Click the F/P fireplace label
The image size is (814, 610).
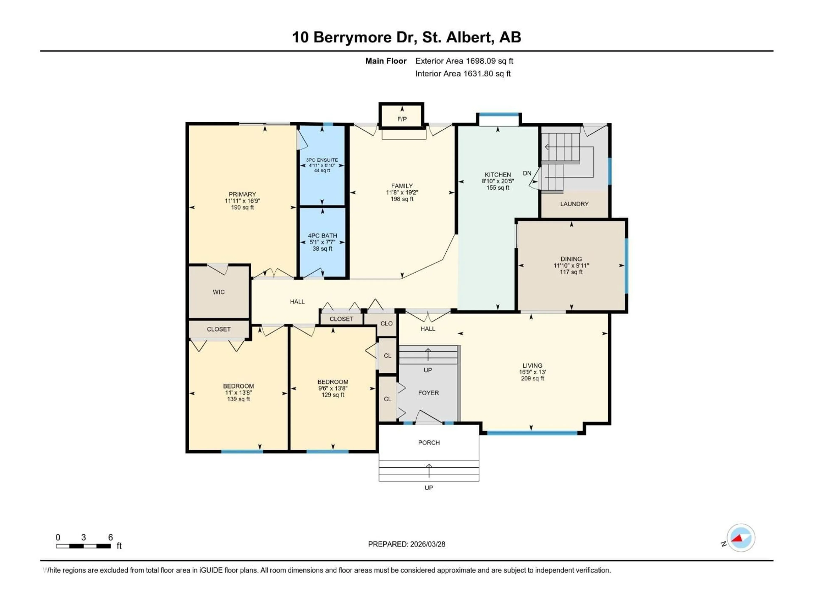pos(402,119)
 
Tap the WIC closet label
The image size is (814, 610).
pos(219,292)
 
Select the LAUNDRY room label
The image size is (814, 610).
pos(574,204)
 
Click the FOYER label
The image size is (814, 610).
pos(428,393)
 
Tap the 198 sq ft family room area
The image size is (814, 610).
pos(402,199)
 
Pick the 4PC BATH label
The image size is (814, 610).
pos(322,236)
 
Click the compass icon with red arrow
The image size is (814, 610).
pos(741,538)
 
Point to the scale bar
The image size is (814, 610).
pos(84,546)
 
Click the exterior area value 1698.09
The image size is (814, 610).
pos(481,61)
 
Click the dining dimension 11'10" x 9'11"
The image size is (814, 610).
pos(571,265)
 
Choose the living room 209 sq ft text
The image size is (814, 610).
pos(532,378)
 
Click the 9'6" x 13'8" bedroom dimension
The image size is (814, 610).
pos(333,388)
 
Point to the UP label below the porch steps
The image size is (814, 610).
pos(429,488)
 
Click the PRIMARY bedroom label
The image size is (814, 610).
pos(242,194)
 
